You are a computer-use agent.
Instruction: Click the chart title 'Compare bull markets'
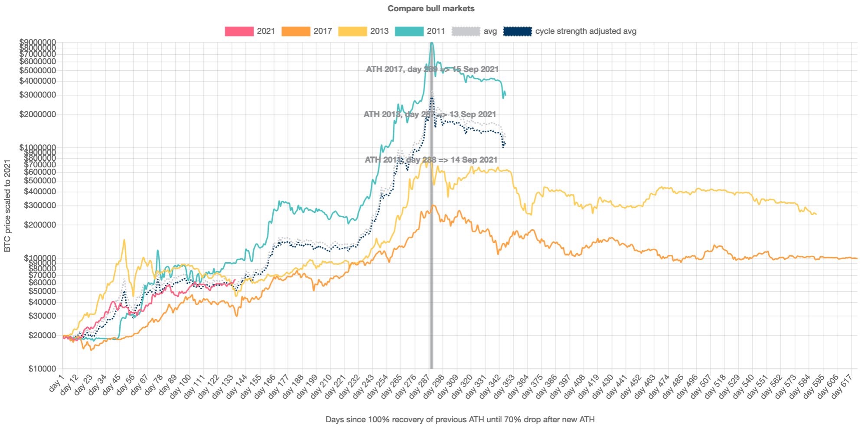tap(430, 9)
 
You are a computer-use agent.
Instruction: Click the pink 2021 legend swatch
tap(239, 31)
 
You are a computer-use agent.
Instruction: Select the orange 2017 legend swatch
tap(296, 31)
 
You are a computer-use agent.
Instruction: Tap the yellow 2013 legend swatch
tap(352, 31)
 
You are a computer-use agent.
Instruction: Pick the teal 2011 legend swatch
tap(409, 31)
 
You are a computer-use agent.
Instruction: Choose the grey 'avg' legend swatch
tap(466, 31)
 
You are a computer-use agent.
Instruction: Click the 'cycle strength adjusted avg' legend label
tap(585, 31)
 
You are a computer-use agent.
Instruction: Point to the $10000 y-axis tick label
tap(42, 369)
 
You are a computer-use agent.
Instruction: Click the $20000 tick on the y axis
tap(42, 336)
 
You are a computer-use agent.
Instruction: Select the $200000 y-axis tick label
tap(40, 225)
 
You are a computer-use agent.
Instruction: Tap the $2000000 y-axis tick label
tap(38, 114)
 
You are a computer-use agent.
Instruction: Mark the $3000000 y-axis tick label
tap(38, 95)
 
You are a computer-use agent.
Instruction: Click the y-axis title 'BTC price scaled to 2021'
tap(7, 205)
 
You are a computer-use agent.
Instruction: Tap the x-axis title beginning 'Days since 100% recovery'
tap(460, 420)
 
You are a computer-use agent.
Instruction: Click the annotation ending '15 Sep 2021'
tap(432, 69)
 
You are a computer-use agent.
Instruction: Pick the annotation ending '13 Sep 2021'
tap(430, 114)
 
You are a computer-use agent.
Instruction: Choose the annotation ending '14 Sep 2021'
tap(431, 160)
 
